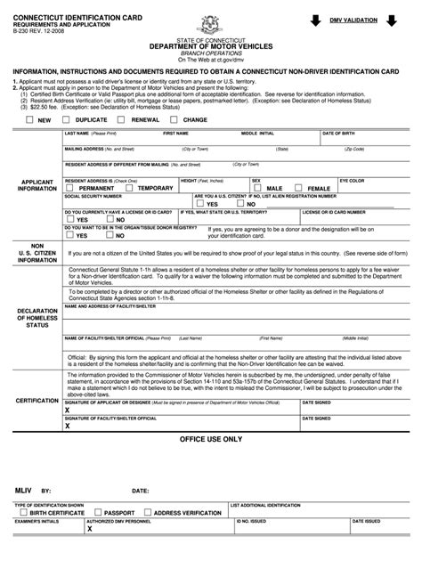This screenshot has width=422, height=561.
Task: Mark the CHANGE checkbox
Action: (176, 118)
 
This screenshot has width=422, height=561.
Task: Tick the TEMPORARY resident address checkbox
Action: (131, 188)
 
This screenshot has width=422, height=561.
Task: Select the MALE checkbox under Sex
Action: (258, 188)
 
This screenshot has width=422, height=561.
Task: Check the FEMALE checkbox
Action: (300, 188)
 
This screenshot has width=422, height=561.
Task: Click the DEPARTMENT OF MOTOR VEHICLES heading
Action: (211, 45)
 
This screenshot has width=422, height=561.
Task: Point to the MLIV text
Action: (24, 490)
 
